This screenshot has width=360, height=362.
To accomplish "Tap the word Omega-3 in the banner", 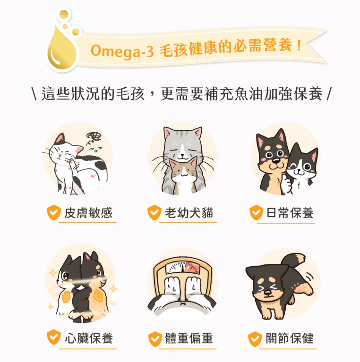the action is tap(122, 51).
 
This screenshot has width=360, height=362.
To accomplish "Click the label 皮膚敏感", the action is tap(88, 213).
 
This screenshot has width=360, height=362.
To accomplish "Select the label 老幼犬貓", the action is tap(189, 213).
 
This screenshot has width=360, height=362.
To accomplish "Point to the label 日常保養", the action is tap(290, 213).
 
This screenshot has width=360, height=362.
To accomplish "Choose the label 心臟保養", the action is tap(89, 338).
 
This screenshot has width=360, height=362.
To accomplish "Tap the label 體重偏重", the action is tap(189, 338).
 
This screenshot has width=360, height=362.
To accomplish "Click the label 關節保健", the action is tap(290, 338).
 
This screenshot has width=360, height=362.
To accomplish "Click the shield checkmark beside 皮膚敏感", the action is tap(53, 212).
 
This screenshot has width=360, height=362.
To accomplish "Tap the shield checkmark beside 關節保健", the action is tap(255, 339).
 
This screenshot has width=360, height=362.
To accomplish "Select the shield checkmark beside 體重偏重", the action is tap(155, 339).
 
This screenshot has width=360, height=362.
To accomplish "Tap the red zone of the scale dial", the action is tap(192, 268).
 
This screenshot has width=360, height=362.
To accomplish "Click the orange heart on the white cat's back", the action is tap(67, 297).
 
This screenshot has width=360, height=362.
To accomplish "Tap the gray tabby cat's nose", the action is tap(182, 155).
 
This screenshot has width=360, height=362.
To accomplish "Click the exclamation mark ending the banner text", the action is tap(299, 45).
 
